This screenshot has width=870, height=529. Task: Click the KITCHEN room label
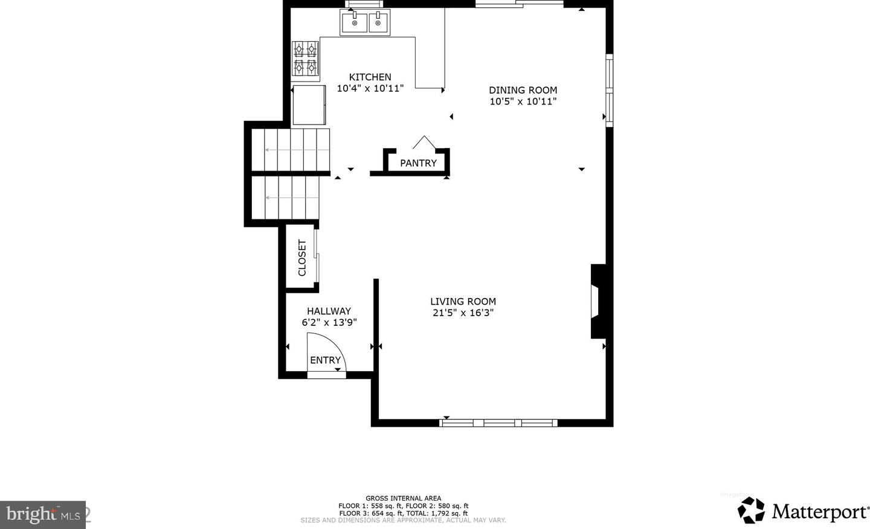pyautogui.click(x=370, y=77)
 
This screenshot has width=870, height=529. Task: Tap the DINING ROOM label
pyautogui.click(x=523, y=90)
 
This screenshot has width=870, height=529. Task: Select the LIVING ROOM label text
pyautogui.click(x=463, y=301)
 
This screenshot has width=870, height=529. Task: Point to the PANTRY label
pyautogui.click(x=418, y=163)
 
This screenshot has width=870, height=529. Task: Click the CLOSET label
pyautogui.click(x=302, y=258)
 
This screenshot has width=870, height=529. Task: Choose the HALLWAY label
pyautogui.click(x=329, y=311)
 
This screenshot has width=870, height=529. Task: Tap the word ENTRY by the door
pyautogui.click(x=326, y=360)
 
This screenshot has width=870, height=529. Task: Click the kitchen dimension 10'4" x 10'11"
pyautogui.click(x=370, y=89)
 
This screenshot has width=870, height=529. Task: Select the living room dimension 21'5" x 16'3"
pyautogui.click(x=463, y=313)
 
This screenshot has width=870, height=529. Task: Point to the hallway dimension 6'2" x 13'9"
pyautogui.click(x=329, y=323)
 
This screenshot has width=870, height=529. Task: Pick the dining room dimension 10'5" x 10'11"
pyautogui.click(x=523, y=102)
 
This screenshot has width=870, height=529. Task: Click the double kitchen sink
pyautogui.click(x=365, y=22)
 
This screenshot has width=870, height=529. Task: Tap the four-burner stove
pyautogui.click(x=305, y=59)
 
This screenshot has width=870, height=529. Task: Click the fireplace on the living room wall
pyautogui.click(x=598, y=301)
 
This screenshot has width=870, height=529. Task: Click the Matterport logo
pyautogui.click(x=803, y=510)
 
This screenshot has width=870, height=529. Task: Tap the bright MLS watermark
pyautogui.click(x=43, y=515)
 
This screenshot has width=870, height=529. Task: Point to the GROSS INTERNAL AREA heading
pyautogui.click(x=403, y=498)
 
